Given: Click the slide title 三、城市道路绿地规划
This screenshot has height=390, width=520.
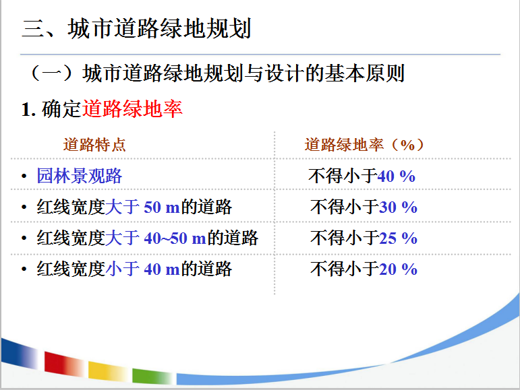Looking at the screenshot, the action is pos(136,28).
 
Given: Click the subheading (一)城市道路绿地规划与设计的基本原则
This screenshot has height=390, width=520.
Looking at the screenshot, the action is pos(217,73).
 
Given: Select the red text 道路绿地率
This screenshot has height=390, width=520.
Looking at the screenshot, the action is pos(132,108).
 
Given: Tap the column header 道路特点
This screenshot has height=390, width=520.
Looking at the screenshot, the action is pos(94,145).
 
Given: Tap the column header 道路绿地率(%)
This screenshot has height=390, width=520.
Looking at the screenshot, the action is pos(364,145).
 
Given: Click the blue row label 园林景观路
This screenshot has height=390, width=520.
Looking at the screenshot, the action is pos(80,176).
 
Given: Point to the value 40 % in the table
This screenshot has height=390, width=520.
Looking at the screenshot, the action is pos(396,176).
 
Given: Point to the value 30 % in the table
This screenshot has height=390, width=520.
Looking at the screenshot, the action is pos(398,207).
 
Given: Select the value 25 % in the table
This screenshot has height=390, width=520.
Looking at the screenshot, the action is pos(398,238).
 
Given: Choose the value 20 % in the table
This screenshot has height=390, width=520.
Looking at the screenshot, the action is pos(398,269).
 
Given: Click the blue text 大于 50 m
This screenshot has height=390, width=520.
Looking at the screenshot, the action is pos(142,207).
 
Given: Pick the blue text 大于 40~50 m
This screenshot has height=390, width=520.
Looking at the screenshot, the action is pos(156,238).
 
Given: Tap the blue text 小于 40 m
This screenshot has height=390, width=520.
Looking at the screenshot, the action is pos(142,269).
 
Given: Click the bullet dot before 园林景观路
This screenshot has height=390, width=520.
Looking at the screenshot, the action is pos(24,176).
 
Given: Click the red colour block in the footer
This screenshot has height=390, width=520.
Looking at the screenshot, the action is pos(63,364).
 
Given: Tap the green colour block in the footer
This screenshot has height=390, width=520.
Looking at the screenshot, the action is pos(152,376).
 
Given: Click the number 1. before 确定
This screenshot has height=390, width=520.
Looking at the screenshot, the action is pos(28,109).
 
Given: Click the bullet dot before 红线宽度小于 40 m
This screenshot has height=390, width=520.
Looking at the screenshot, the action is pos(24,269).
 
